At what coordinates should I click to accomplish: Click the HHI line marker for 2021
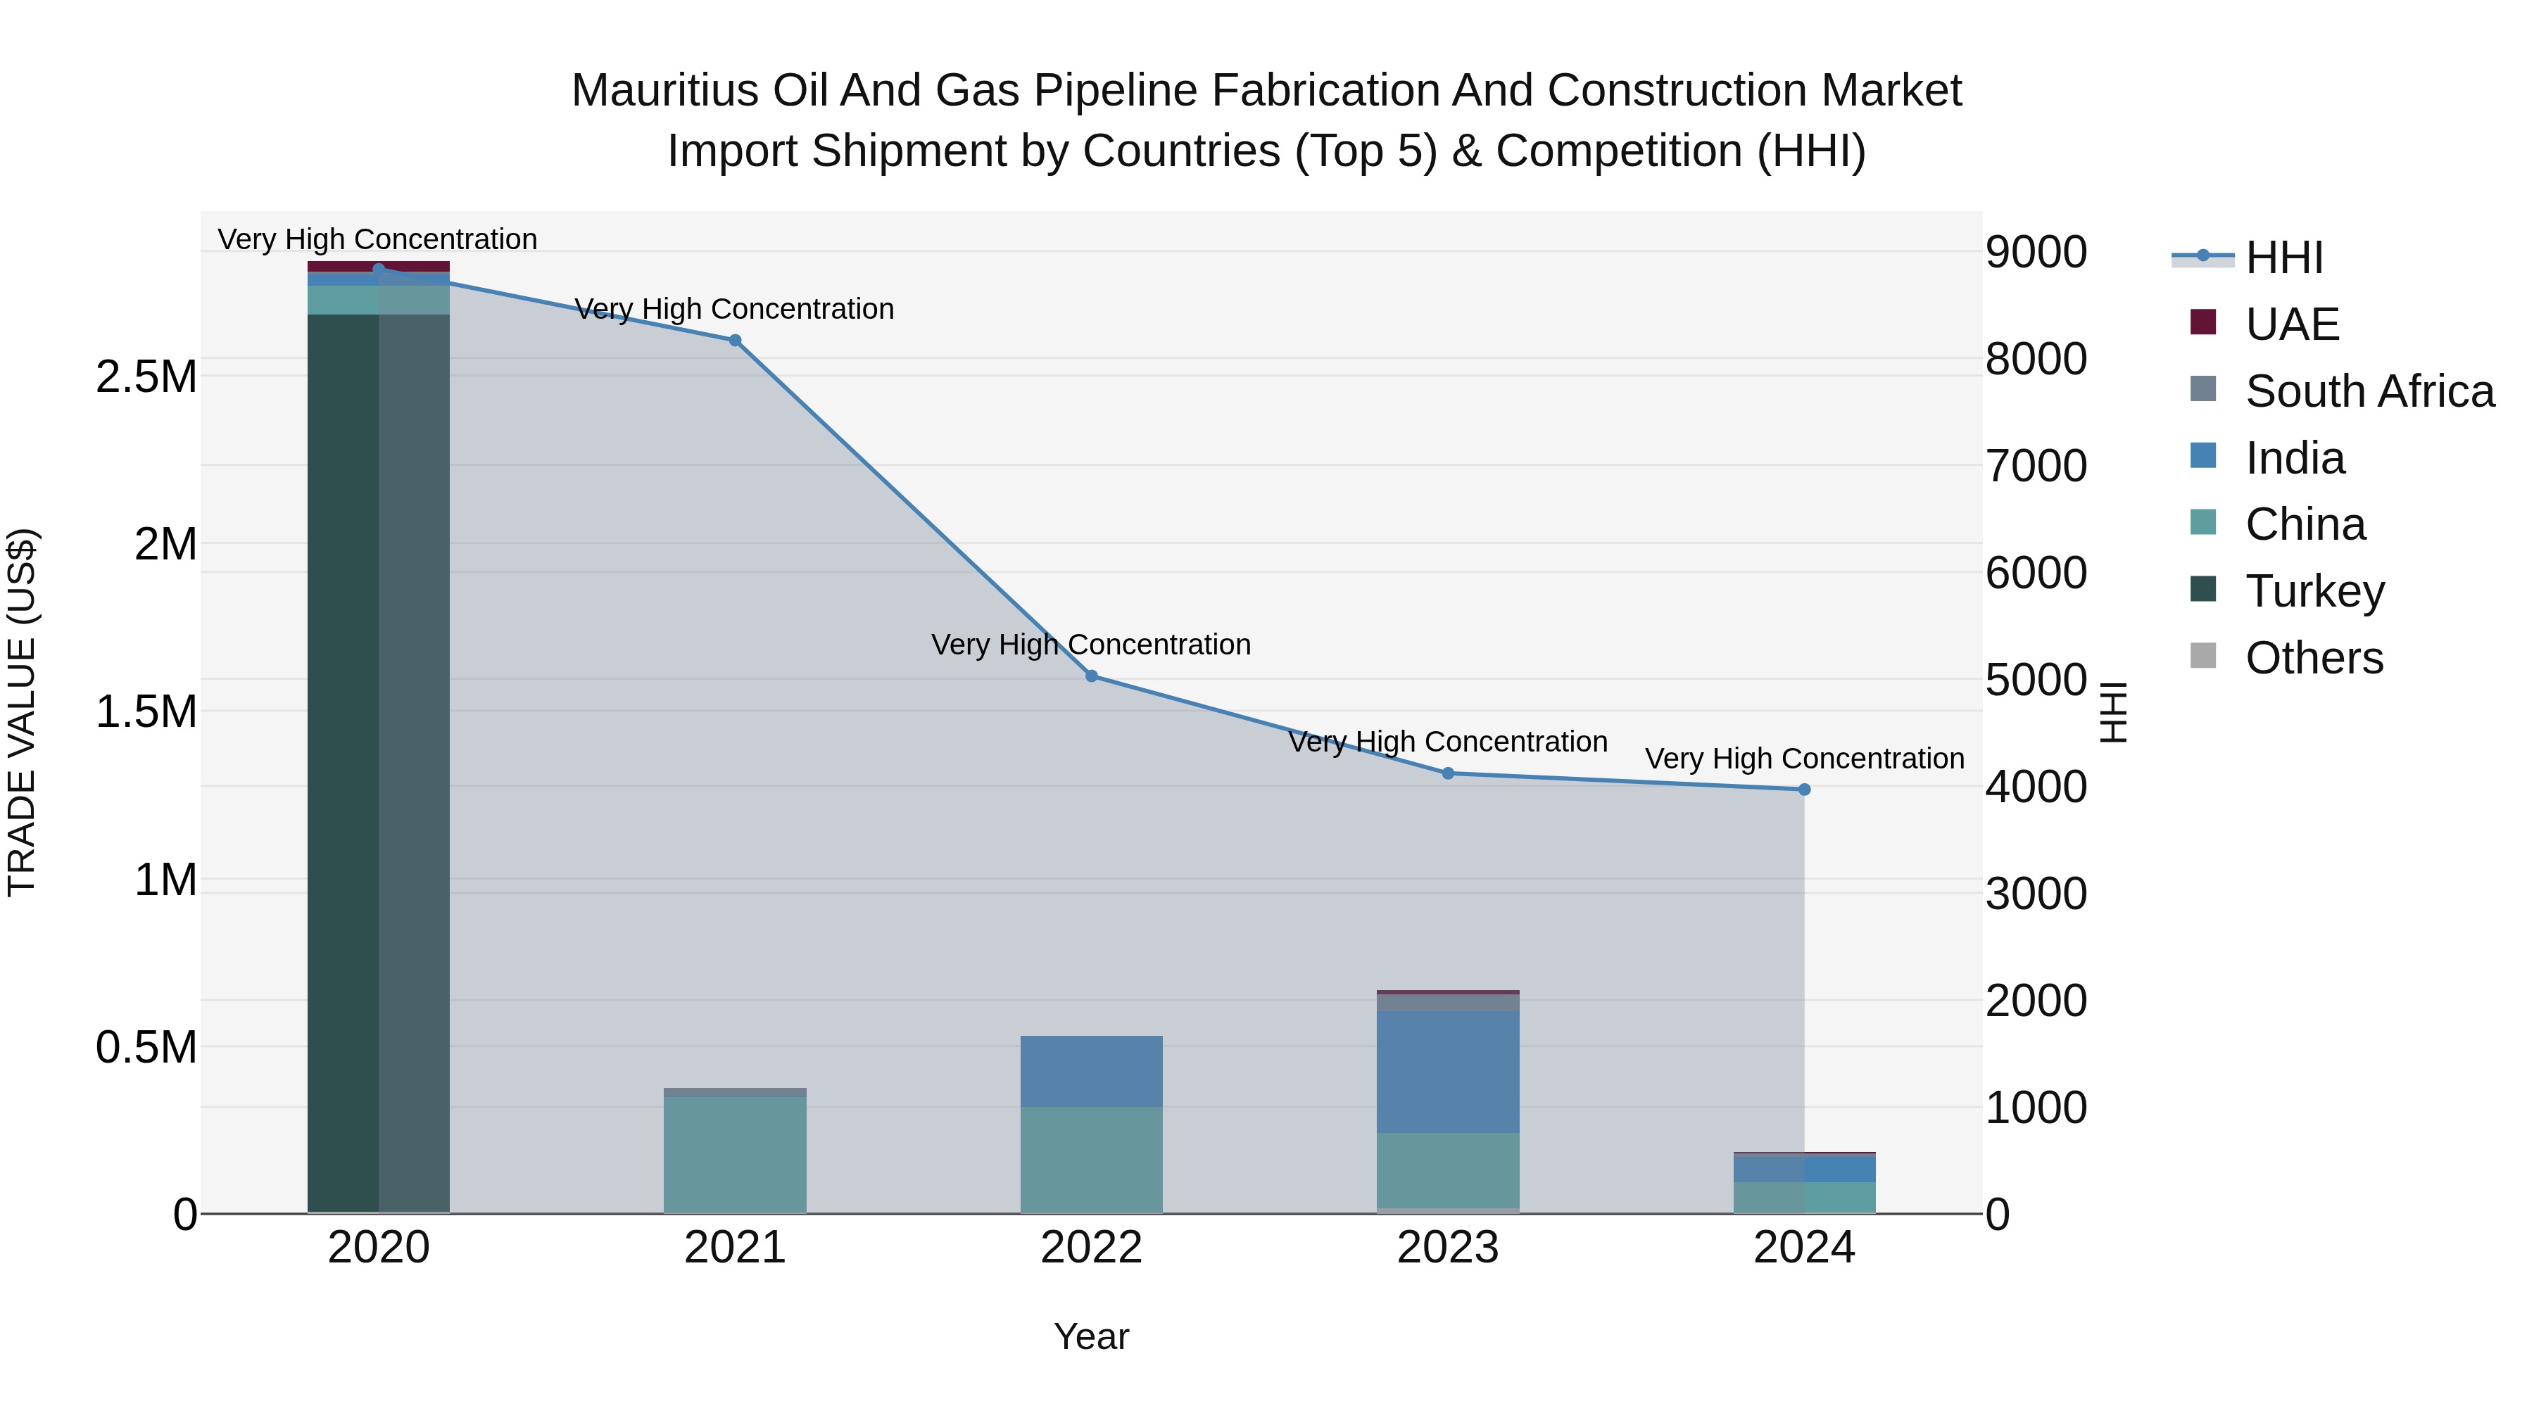click(735, 341)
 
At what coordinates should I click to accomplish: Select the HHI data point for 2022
click(1091, 676)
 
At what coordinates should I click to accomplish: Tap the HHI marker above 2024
click(1804, 789)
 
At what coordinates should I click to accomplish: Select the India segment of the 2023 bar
click(1448, 1071)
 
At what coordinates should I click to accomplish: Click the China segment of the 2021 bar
click(735, 1155)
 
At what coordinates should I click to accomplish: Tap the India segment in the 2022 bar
click(1091, 1071)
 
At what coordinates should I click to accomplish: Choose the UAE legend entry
click(2291, 324)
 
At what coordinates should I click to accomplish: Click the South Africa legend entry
click(2369, 391)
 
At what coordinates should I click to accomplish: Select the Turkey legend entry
click(2314, 591)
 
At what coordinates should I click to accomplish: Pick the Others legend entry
click(2314, 658)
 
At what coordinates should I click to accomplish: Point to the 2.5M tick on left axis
click(146, 376)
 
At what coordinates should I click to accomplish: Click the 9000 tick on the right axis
click(2035, 252)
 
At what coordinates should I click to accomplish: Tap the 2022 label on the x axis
click(1091, 1248)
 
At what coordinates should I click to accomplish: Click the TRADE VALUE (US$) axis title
click(22, 712)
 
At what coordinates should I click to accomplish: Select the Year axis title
click(1091, 1336)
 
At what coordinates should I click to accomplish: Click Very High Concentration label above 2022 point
click(1091, 645)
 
